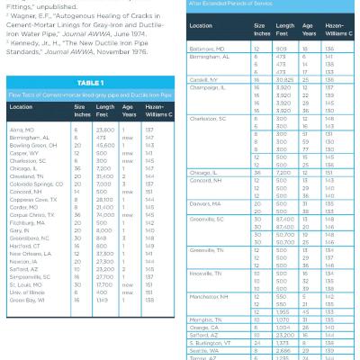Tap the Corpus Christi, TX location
(31, 238)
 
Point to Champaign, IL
(208, 86)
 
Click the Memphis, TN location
(206, 319)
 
